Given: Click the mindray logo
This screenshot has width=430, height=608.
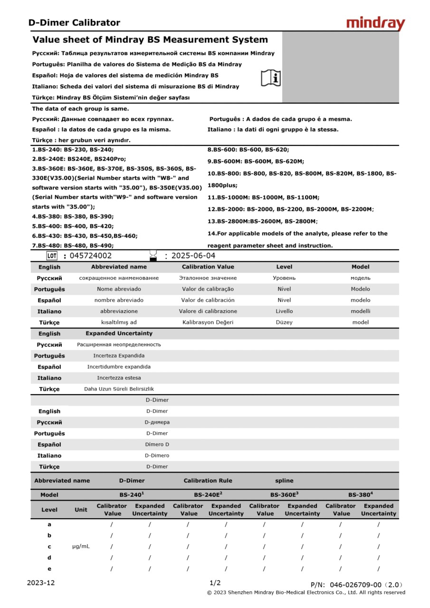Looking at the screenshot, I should coord(375,23).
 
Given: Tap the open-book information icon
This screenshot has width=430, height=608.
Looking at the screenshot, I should coord(271,77).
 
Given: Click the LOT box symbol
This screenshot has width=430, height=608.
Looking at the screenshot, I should coord(52,256).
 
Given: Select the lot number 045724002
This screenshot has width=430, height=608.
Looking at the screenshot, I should coord(91,256).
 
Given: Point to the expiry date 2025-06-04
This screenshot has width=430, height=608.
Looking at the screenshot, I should coord(193,256).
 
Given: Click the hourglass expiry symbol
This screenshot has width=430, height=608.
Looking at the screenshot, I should coord(153,256).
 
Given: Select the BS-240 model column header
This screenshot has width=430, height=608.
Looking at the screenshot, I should coord(132,494).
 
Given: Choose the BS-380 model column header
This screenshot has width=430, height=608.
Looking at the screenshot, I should coord(360,494).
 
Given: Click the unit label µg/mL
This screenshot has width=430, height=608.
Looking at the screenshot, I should coord(81,546).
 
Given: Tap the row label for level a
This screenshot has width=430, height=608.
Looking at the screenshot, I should coord(49,524).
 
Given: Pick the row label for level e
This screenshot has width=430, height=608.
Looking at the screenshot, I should coord(49,569).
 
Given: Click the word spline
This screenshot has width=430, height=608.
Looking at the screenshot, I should coord(284,481).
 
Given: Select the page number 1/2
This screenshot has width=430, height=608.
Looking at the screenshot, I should coord(215,583).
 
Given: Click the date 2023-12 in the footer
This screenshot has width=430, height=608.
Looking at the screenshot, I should coord(41,583).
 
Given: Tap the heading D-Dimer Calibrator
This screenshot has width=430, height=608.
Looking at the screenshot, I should coord(74,23).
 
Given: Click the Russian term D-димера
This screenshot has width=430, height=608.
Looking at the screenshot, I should coord(157,422).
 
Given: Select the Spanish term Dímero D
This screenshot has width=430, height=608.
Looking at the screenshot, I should coord(157,445).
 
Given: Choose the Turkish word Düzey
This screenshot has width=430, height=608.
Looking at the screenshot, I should coord(284,323).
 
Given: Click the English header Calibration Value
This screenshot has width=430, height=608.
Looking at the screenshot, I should coord(208,267).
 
